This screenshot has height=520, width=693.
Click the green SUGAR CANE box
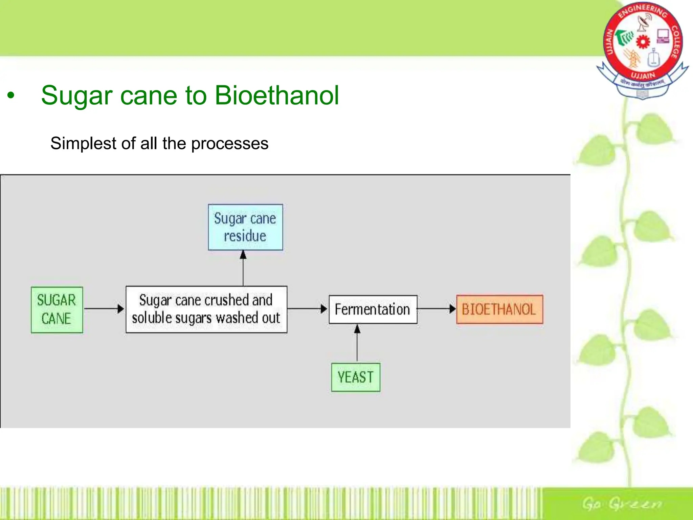57,309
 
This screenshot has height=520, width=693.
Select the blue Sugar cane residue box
245,227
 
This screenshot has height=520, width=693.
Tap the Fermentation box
373,309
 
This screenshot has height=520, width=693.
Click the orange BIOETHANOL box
499,309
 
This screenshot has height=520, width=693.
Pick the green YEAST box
356,377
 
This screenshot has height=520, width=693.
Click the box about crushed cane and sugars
206,309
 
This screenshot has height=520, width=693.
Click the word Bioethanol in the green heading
276,96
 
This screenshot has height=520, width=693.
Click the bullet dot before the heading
11,96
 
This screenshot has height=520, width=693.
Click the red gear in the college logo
643,42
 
